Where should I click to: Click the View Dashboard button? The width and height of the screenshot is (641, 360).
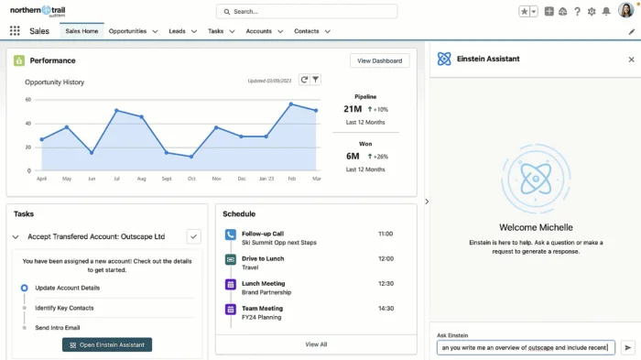point(379,60)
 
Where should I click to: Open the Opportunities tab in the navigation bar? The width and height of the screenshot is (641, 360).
point(127,31)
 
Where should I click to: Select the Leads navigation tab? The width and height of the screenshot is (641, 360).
point(177,31)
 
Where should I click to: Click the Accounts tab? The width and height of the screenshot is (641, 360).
point(258,31)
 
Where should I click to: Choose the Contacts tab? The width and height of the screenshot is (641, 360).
point(307,31)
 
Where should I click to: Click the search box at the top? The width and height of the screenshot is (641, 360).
point(307,11)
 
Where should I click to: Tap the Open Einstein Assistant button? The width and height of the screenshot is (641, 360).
point(107,344)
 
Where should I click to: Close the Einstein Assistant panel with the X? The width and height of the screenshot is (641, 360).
point(631,59)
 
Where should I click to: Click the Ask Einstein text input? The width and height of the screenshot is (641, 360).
point(525,347)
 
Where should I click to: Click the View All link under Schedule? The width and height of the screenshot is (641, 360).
point(316,344)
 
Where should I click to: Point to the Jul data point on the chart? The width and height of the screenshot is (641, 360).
point(116,111)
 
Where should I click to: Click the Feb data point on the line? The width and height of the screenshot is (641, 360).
point(291,104)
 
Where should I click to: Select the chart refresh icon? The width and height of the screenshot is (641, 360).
point(304,81)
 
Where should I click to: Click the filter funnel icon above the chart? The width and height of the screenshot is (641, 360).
point(315,81)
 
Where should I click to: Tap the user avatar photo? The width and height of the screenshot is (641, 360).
point(626,11)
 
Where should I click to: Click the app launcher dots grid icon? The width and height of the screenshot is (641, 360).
point(15,31)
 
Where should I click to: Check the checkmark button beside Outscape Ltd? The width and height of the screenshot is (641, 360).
point(193,236)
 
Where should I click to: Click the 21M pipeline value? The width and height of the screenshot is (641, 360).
point(353,108)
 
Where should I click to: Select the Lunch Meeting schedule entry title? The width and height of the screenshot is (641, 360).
point(263,284)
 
